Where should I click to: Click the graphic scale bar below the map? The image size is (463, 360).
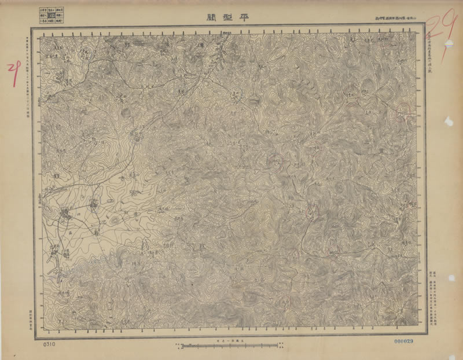tap(215, 347)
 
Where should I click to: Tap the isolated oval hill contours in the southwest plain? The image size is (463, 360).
tap(115, 220)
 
